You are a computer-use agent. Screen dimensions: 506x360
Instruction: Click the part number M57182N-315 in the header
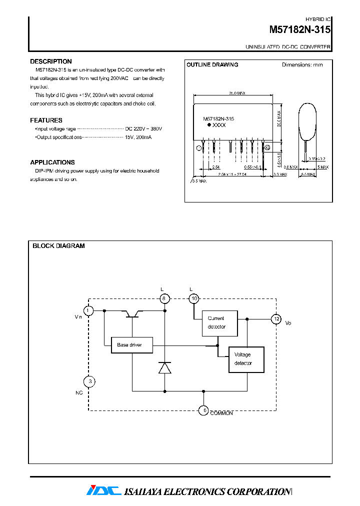click(x=299, y=30)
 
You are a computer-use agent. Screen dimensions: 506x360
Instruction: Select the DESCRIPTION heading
click(x=51, y=61)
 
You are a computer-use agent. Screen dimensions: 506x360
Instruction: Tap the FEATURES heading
click(x=46, y=120)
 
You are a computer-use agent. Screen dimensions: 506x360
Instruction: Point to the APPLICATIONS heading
click(x=52, y=162)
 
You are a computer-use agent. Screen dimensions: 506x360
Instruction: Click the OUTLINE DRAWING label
click(x=212, y=64)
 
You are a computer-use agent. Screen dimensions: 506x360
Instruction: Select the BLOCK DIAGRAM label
click(x=58, y=246)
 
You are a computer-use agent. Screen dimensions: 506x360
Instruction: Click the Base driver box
click(x=131, y=345)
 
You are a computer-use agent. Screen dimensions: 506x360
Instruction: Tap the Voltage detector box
click(x=246, y=359)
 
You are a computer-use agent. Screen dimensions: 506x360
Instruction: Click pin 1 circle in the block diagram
click(x=88, y=311)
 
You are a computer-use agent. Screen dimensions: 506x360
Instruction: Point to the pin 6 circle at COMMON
click(x=203, y=410)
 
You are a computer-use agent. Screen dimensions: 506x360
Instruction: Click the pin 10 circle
click(x=194, y=298)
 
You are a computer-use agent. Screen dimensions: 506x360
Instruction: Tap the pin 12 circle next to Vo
click(x=275, y=318)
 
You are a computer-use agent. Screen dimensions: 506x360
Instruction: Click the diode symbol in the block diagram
click(x=164, y=367)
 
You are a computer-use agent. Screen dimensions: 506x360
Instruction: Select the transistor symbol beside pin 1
click(x=132, y=313)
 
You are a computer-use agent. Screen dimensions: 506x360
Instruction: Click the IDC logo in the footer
click(x=104, y=491)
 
